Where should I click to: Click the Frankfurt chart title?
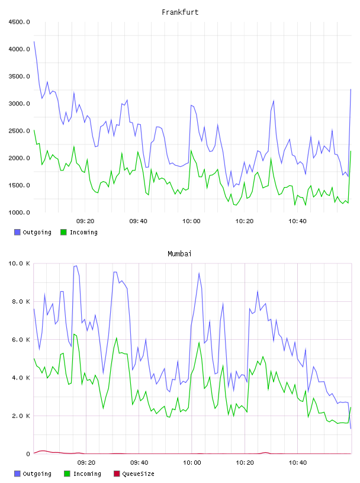coord(180,12)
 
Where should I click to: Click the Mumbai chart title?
coord(179,254)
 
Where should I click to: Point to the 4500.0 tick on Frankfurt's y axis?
coord(19,22)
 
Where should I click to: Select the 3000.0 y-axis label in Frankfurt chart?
coord(19,104)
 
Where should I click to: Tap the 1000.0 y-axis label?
coord(19,212)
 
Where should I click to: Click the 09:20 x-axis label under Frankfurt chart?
coord(85,221)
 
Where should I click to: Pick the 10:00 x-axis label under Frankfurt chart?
coord(191,221)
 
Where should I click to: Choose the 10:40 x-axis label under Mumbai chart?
coord(298,463)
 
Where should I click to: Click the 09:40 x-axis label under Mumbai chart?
coord(139,463)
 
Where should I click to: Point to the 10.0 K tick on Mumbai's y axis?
coord(19,263)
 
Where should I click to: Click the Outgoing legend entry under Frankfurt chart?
coord(33,232)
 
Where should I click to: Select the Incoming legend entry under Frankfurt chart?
coord(79,232)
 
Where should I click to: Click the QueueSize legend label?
coord(139,474)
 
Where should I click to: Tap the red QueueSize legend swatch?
coord(117,474)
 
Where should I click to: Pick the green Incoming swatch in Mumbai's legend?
coord(67,474)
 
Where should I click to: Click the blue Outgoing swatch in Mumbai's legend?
coord(17,474)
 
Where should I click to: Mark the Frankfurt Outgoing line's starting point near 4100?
coord(34,41)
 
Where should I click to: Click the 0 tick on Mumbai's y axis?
coord(28,454)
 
